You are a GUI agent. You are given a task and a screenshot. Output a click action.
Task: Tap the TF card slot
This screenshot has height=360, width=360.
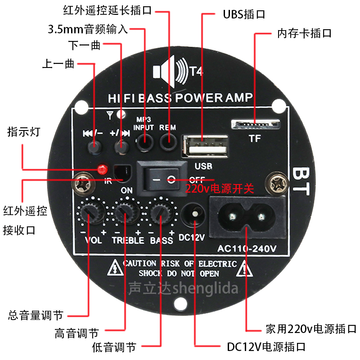255,123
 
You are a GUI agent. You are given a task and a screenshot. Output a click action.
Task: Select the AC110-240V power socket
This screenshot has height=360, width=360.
247,218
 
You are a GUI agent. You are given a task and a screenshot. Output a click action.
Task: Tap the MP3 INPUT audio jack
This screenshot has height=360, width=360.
144,143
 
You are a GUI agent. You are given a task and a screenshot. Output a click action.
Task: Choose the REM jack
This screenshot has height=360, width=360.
168,143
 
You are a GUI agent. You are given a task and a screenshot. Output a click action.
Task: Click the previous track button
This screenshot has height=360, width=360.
94,146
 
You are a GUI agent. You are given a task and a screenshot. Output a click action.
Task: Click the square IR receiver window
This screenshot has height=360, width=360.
122,171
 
